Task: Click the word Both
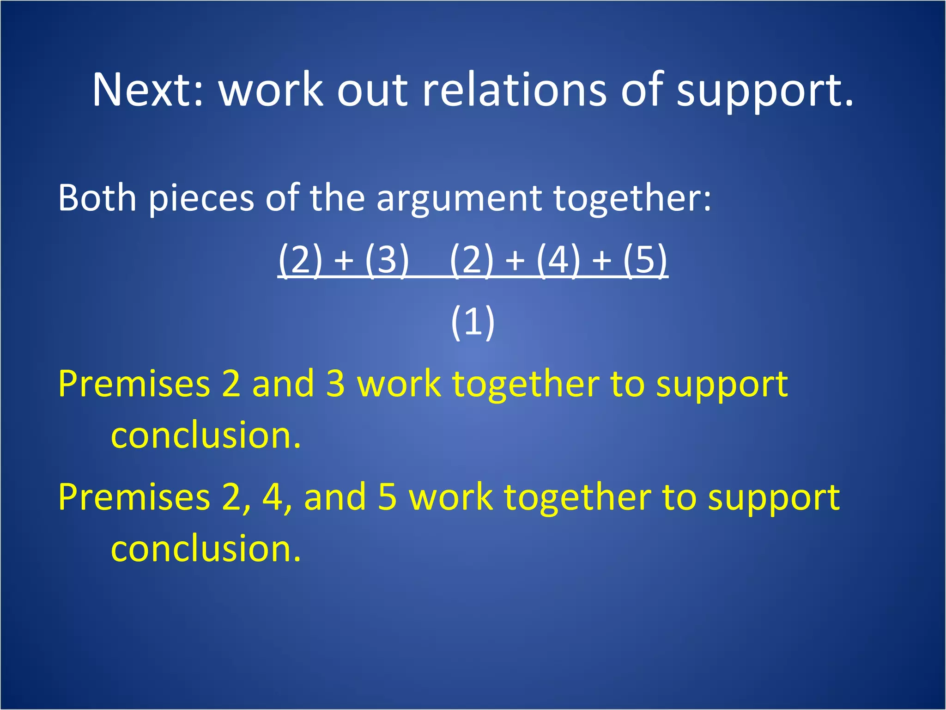point(97,198)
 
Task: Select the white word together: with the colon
point(632,198)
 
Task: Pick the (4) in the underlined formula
point(558,260)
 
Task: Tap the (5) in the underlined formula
point(645,260)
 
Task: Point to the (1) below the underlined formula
point(473,322)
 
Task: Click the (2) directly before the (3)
point(301,260)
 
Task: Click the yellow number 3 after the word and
point(335,384)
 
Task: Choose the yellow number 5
point(387,497)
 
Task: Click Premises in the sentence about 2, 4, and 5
point(134,497)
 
